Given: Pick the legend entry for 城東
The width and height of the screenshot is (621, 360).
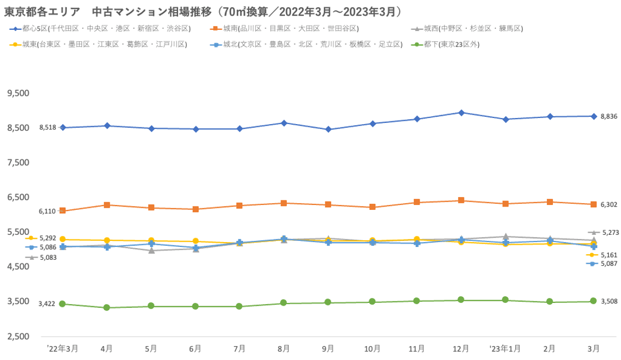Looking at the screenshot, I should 100,44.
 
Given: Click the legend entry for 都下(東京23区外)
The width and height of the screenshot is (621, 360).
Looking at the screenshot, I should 448,44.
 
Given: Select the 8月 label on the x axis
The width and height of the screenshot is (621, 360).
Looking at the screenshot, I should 284,348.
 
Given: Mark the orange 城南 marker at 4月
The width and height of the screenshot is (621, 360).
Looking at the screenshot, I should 107,205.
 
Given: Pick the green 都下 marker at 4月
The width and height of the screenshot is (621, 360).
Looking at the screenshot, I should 107,307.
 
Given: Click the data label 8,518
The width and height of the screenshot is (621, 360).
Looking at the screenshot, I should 48,127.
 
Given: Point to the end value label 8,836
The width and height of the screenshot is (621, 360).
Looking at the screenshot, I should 608,116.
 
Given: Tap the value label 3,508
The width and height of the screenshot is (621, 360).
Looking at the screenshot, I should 608,301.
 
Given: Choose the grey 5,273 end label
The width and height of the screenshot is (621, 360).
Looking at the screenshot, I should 609,233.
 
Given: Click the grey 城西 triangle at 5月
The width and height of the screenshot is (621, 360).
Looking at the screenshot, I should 151,250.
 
